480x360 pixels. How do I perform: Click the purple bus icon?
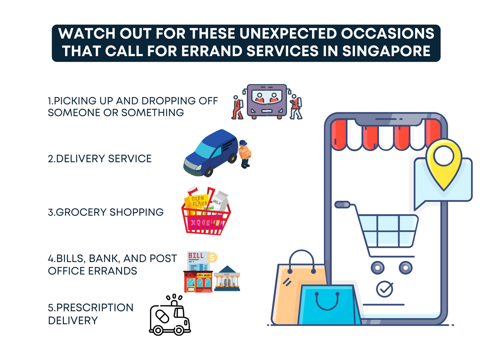coord(267,101)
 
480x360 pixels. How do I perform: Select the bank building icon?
coord(227,278)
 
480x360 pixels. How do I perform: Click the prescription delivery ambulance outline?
coord(170,315)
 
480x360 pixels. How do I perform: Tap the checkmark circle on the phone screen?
coord(384,288)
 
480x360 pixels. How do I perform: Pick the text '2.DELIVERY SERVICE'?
coord(100,158)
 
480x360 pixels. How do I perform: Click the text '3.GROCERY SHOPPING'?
coord(106,212)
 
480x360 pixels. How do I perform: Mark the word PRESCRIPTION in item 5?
coord(90,308)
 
